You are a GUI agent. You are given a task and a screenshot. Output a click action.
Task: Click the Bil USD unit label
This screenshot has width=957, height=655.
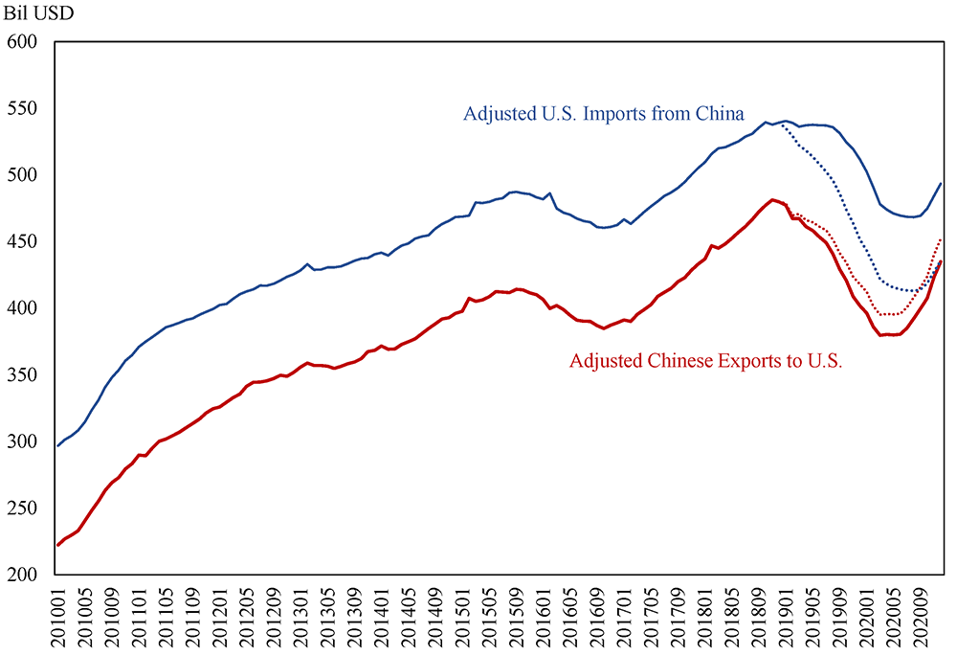point(41,14)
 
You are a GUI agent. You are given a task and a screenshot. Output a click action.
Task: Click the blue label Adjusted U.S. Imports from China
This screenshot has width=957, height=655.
point(603,114)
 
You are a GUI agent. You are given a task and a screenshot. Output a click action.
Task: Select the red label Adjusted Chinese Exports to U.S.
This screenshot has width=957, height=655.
point(705,362)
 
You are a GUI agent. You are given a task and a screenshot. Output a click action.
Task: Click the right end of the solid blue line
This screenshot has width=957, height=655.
point(942,183)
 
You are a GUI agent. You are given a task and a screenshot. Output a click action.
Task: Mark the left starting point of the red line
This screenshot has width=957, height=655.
point(57,545)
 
